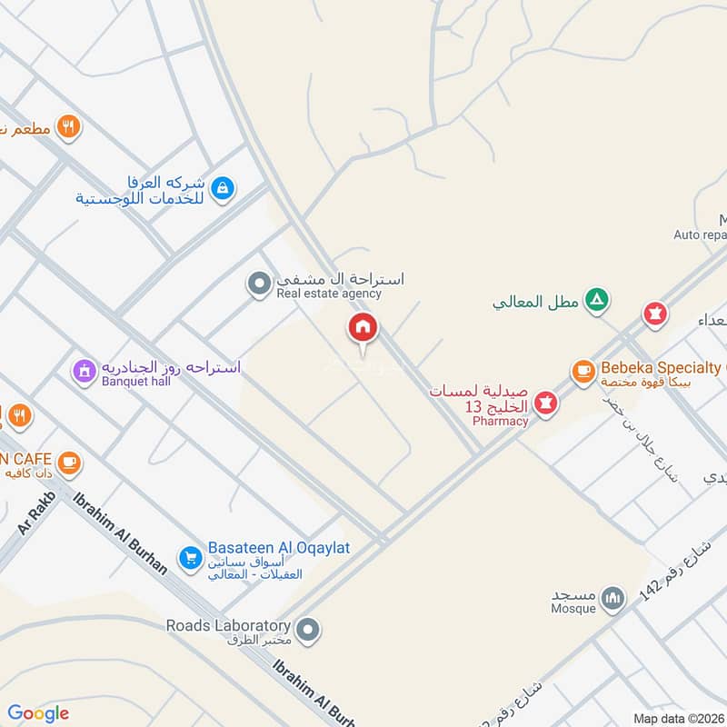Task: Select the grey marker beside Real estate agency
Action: click(x=260, y=285)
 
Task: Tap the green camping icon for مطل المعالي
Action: click(x=596, y=299)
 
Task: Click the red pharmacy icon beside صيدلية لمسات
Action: click(x=545, y=401)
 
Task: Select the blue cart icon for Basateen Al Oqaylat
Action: click(x=190, y=557)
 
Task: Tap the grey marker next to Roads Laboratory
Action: click(x=309, y=628)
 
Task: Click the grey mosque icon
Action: click(x=614, y=598)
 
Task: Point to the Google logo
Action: click(x=38, y=713)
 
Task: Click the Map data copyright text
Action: click(x=679, y=718)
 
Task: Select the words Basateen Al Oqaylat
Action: click(x=279, y=548)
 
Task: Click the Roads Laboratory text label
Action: click(x=228, y=625)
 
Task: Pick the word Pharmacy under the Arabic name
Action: click(x=500, y=421)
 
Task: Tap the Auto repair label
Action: click(x=700, y=234)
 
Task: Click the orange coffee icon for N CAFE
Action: click(x=68, y=463)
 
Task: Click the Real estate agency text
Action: click(x=329, y=294)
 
